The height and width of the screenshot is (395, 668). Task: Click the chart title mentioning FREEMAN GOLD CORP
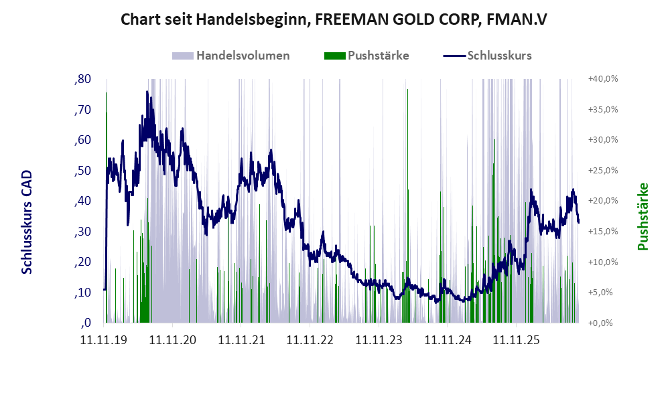[x=334, y=19]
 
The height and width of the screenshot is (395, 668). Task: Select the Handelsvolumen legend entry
[x=231, y=56]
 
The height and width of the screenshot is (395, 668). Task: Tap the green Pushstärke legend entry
[x=366, y=56]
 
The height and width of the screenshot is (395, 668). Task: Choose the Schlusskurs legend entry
[x=487, y=56]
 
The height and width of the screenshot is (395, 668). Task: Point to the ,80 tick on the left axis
[x=82, y=79]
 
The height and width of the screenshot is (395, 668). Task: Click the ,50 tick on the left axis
[x=82, y=171]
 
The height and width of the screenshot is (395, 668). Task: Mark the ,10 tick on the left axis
[x=82, y=293]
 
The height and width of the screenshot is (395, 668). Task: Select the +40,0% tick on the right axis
[x=603, y=79]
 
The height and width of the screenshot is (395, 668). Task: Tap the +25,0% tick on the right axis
[x=603, y=170]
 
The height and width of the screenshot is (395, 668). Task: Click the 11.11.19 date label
[x=104, y=340]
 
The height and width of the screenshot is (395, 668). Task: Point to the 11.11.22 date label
[x=310, y=340]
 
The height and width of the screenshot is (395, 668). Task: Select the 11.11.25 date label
[x=516, y=340]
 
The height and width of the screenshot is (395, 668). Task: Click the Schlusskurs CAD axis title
[x=27, y=222]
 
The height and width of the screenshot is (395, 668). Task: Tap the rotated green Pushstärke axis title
[x=643, y=216]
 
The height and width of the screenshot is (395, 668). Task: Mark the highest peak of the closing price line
[x=147, y=91]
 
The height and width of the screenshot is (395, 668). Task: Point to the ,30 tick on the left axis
[x=82, y=232]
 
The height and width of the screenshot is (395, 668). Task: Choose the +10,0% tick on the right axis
[x=603, y=262]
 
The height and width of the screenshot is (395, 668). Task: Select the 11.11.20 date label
[x=173, y=340]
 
